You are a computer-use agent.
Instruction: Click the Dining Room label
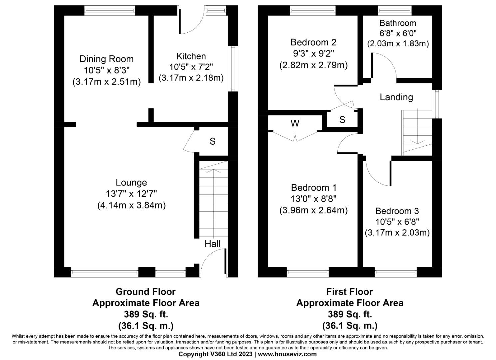[106, 59]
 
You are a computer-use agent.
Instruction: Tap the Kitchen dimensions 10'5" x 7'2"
[191, 67]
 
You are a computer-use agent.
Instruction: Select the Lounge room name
[131, 182]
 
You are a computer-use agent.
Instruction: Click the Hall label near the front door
[212, 244]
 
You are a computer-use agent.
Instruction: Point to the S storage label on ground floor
[212, 141]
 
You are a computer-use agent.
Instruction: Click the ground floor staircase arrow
[209, 171]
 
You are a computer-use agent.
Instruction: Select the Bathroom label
[398, 23]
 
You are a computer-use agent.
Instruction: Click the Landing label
[396, 97]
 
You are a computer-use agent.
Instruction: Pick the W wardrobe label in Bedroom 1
[295, 123]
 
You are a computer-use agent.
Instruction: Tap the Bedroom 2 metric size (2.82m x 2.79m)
[313, 65]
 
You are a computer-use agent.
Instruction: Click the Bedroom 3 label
[397, 211]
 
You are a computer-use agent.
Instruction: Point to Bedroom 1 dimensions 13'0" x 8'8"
[313, 199]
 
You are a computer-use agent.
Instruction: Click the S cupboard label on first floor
[342, 120]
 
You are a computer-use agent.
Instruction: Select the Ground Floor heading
[145, 292]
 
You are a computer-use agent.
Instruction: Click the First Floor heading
[349, 292]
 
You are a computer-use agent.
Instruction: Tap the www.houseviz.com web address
[287, 354]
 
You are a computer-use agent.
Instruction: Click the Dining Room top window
[110, 11]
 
